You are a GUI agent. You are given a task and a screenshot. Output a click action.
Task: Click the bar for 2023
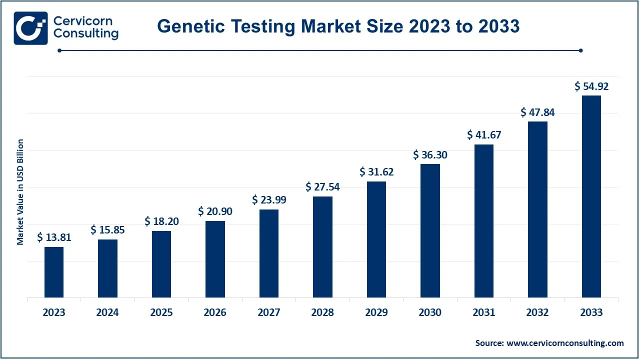click(x=54, y=272)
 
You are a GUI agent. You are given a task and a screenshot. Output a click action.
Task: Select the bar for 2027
click(x=269, y=253)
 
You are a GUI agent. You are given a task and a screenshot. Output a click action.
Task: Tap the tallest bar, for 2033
click(x=591, y=196)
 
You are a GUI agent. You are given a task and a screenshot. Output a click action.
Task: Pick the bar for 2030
click(x=430, y=230)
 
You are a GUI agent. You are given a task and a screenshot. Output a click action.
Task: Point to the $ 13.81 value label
click(x=54, y=237)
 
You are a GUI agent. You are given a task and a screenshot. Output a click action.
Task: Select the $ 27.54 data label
click(x=322, y=187)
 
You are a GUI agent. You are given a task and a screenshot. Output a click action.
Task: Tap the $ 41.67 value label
click(x=484, y=134)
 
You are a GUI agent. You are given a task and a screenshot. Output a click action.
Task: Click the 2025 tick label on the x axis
click(x=161, y=312)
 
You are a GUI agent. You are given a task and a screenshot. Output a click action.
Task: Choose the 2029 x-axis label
click(x=376, y=312)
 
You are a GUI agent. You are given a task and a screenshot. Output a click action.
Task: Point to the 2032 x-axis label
click(x=537, y=312)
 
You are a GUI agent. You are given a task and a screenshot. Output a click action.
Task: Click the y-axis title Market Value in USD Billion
click(x=20, y=192)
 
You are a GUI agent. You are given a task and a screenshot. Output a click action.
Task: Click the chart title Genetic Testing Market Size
click(x=338, y=26)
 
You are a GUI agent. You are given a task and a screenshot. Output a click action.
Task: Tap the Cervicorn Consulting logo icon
click(x=31, y=28)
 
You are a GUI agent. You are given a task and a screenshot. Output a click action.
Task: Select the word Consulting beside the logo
click(x=85, y=34)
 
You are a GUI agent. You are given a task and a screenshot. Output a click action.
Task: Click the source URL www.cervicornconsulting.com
click(x=565, y=343)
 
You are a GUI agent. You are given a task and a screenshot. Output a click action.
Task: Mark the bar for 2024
click(x=107, y=268)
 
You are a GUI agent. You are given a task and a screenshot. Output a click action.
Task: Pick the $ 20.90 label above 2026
click(x=215, y=211)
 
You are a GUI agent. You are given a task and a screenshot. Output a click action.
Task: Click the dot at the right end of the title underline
click(x=580, y=50)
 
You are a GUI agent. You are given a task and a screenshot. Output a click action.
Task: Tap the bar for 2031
click(x=484, y=221)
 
